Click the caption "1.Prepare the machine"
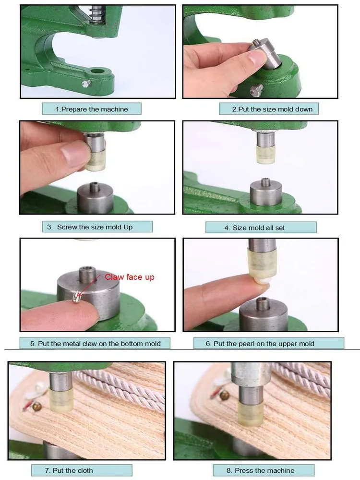92,109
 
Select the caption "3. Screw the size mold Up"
90,227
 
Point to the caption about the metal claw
95,344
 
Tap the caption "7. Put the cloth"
69,470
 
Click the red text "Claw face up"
130,277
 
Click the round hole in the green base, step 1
97,72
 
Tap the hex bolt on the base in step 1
86,83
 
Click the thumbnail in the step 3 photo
72,153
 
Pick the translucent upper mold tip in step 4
265,154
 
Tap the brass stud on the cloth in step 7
37,407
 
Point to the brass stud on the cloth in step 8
224,396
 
